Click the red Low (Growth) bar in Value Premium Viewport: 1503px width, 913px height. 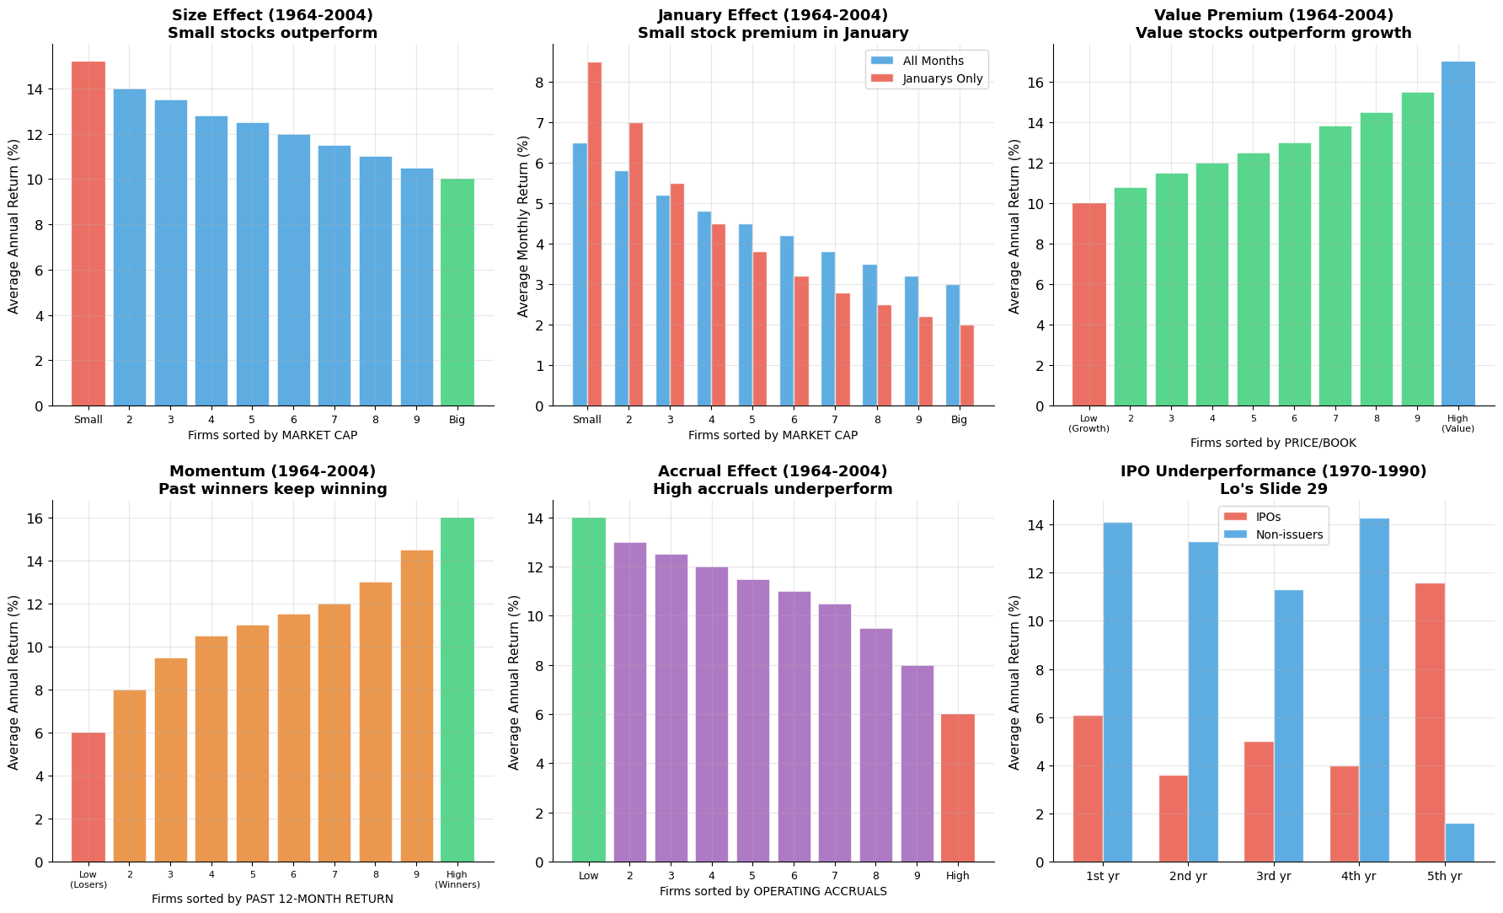click(1088, 304)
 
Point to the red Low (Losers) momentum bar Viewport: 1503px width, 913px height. click(88, 797)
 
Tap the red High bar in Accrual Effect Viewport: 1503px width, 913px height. click(958, 787)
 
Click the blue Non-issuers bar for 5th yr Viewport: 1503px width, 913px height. click(1460, 842)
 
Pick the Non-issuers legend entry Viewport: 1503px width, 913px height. click(1289, 534)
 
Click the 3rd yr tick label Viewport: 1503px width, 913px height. click(1273, 876)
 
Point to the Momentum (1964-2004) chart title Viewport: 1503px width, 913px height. click(272, 471)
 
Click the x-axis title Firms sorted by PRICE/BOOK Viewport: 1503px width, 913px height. click(1273, 443)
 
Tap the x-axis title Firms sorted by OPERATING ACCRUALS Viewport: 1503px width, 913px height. click(773, 891)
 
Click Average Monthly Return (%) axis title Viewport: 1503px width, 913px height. click(523, 226)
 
